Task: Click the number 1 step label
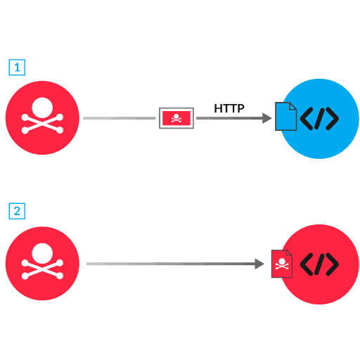tap(17, 67)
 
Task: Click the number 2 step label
tap(17, 210)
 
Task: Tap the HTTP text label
tap(229, 108)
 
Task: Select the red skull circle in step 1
tap(42, 118)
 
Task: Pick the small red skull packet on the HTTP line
tap(176, 118)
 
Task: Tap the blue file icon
tap(285, 117)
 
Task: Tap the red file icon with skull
tap(282, 264)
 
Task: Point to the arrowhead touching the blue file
tap(268, 118)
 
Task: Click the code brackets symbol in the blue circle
tap(319, 119)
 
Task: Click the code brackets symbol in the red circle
tap(319, 264)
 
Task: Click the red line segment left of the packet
tap(120, 118)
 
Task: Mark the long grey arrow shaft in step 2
tap(169, 264)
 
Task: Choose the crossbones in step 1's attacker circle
tap(42, 127)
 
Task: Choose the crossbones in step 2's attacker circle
tap(42, 272)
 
